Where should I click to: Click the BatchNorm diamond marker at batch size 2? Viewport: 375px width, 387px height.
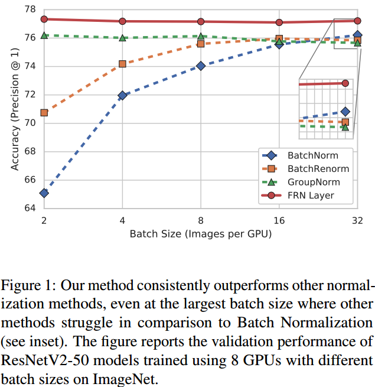click(44, 193)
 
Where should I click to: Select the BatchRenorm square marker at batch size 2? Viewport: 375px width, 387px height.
click(44, 112)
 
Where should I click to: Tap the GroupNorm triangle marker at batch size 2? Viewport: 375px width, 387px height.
click(44, 36)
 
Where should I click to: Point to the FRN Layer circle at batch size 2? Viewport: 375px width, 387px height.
click(44, 19)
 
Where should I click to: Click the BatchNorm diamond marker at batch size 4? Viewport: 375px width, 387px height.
click(122, 95)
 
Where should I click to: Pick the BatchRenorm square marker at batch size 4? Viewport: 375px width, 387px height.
click(122, 64)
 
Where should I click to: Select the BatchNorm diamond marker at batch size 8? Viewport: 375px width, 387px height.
click(201, 66)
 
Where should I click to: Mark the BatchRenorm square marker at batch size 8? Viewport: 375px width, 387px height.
click(201, 44)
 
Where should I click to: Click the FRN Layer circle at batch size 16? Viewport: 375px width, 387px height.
click(279, 22)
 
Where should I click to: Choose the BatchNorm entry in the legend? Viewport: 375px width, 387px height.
click(312, 156)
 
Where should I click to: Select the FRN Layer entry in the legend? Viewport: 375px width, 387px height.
click(311, 196)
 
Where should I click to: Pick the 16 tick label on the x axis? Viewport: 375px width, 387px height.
click(279, 220)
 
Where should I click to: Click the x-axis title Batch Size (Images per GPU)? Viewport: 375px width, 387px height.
click(201, 234)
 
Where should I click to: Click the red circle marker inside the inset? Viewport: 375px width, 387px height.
click(345, 83)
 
